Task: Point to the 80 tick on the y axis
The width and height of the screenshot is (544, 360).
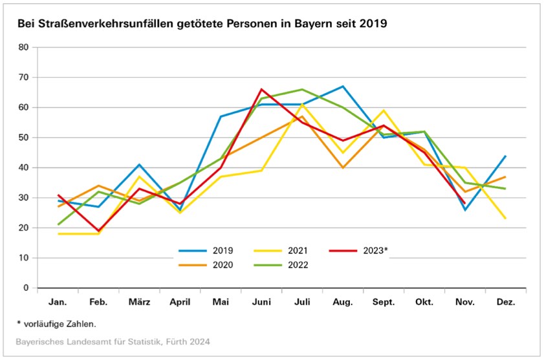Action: pos(25,47)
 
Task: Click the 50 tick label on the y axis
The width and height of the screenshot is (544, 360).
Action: pos(25,138)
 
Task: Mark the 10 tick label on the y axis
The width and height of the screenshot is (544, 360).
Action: pos(25,258)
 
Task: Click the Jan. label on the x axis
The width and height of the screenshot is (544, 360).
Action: pos(58,301)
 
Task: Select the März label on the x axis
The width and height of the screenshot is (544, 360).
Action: pos(140,301)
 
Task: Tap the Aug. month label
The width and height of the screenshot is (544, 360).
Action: pos(343,301)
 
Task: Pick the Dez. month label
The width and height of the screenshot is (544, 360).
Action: pos(505,301)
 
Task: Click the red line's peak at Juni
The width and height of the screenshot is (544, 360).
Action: pos(262,89)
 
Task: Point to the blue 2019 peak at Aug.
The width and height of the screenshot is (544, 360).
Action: pos(343,86)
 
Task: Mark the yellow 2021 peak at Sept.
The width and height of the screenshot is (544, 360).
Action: pos(384,111)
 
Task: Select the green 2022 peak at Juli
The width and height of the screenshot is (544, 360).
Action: pos(302,89)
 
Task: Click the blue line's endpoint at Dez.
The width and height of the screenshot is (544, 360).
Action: pos(505,156)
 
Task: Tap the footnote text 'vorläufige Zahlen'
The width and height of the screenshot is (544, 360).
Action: pos(60,323)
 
